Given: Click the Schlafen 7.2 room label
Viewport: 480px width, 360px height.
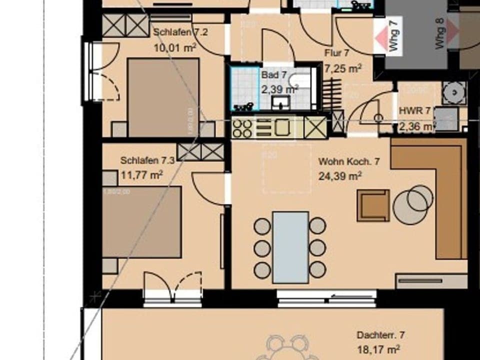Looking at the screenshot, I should (x=173, y=32).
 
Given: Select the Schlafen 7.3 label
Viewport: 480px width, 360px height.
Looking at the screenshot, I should (x=147, y=160).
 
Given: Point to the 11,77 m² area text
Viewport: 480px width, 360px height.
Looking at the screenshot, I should (x=142, y=175).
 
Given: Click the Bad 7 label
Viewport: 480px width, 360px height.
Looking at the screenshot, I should (x=273, y=75).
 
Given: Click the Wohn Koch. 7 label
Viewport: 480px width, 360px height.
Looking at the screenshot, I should (x=349, y=162).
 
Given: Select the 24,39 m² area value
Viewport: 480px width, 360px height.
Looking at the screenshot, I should (x=340, y=176).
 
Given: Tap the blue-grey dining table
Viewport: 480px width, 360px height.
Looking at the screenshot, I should (x=290, y=247).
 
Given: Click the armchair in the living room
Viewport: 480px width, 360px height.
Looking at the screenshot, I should (x=373, y=205).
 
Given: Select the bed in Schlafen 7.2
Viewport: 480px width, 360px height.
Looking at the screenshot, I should (x=163, y=97).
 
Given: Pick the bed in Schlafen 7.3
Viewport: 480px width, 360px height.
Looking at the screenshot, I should (x=141, y=222).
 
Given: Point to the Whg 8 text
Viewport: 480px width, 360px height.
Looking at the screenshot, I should (x=440, y=34).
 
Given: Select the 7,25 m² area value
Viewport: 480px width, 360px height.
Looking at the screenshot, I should (x=343, y=68).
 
